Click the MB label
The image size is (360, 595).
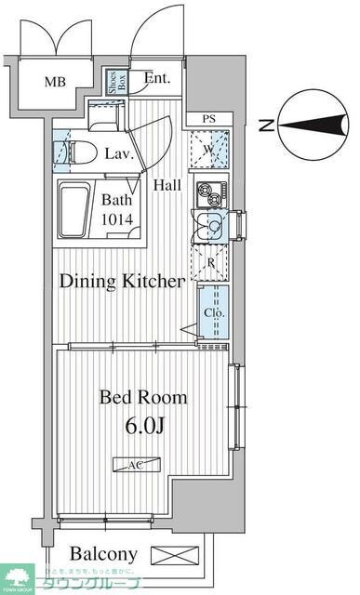pos(56,82)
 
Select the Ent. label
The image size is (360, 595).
pos(157,79)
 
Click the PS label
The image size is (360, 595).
pos(209,119)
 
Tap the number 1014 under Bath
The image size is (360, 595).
pos(117,219)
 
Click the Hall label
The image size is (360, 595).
pos(167,184)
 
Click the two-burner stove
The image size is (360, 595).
pos(208,195)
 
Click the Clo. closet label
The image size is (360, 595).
pos(213,312)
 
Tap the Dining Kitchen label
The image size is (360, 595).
pos(122,281)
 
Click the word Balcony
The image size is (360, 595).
pos(104,554)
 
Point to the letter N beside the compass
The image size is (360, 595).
pos(267,126)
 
